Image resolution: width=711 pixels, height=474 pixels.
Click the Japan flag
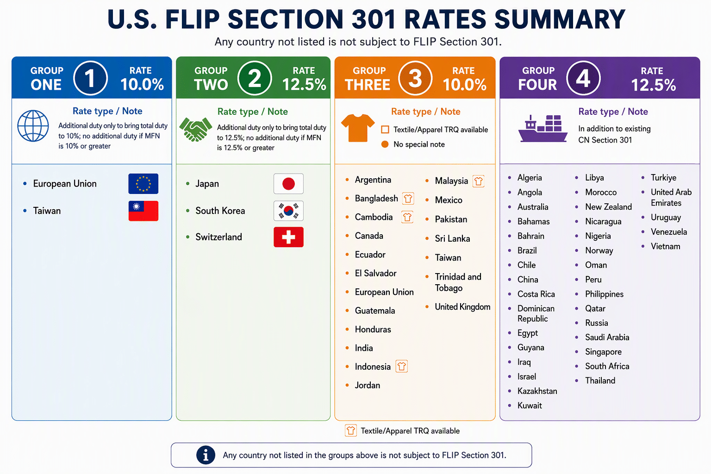288,183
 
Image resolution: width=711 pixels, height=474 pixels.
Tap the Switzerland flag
288,237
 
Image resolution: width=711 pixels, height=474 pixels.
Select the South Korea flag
288,211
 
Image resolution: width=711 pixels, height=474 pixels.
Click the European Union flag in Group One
143,183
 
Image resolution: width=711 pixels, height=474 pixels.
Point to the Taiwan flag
143,211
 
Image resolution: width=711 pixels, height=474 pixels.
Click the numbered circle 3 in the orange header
415,78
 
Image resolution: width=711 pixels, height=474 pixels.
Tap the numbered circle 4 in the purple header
583,78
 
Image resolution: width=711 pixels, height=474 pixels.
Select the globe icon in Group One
33,126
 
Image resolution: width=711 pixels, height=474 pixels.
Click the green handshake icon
195,129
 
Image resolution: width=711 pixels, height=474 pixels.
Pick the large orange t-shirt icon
358,128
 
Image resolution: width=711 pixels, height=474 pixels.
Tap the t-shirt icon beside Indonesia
401,366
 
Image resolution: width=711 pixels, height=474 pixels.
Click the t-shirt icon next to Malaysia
478,181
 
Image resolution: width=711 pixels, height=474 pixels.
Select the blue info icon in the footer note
206,455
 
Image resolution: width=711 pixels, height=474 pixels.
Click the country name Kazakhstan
537,391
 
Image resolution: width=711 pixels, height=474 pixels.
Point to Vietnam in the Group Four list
665,246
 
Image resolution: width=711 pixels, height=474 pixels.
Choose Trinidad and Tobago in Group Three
458,282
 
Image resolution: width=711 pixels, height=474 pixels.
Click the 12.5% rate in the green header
304,84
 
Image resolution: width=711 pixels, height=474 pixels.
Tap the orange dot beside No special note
385,144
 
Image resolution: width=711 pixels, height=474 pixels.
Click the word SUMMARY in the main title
560,19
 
